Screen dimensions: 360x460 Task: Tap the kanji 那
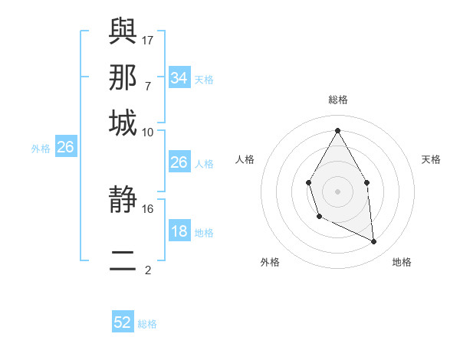(123, 77)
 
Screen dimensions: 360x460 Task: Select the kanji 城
(123, 123)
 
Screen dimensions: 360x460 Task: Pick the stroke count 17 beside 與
(148, 39)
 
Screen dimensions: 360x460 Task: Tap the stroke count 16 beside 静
(148, 208)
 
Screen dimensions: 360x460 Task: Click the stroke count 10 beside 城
(148, 133)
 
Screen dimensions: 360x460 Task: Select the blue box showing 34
(179, 78)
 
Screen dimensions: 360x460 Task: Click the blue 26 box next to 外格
(65, 148)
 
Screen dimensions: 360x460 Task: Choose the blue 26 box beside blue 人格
(179, 162)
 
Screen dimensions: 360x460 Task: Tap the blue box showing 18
(179, 232)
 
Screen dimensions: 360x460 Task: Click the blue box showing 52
(123, 322)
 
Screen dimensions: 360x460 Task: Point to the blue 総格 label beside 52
(147, 324)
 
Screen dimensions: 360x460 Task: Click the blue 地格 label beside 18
(204, 233)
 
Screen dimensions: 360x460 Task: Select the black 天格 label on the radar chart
(432, 159)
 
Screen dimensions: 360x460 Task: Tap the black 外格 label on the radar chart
(270, 262)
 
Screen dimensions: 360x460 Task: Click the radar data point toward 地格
(374, 242)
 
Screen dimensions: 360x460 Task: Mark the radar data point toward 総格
(337, 130)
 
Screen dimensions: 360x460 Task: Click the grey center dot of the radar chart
(337, 190)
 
